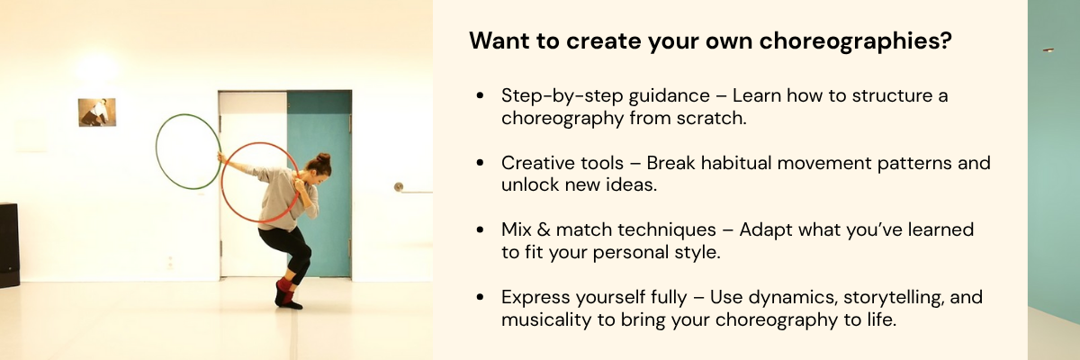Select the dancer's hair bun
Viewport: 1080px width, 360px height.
pos(323,159)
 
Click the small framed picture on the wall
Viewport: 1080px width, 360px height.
pos(97,112)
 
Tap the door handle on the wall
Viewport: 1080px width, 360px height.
pos(399,187)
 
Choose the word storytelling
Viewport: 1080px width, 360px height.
pos(867,297)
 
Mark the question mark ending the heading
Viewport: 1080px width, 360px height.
pos(946,41)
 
